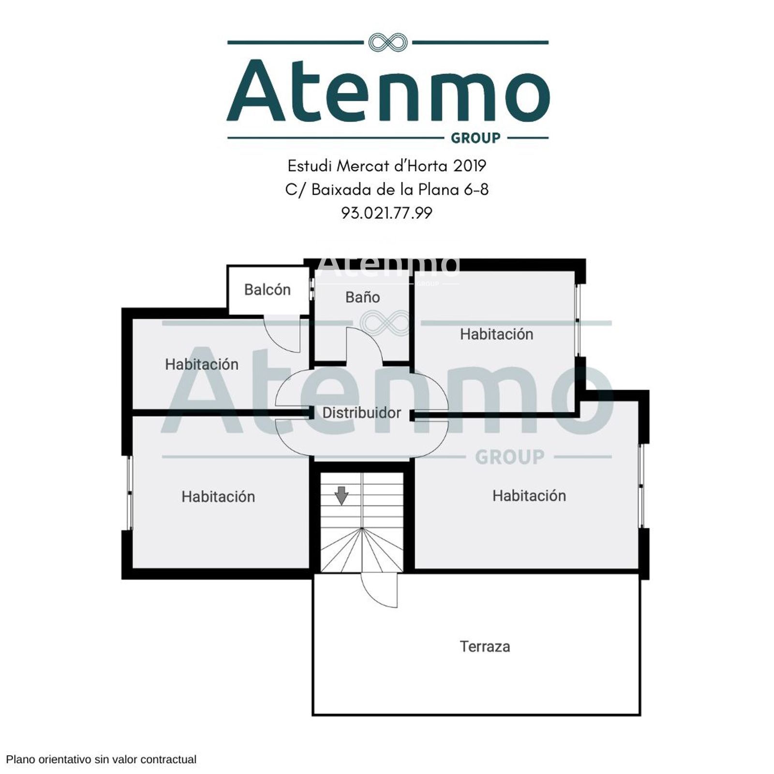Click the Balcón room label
coord(267,289)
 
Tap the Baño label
coord(362,297)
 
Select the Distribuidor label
coord(361,413)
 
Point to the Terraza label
coord(485,646)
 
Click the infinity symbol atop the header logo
coord(388,43)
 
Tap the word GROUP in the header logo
coord(476,138)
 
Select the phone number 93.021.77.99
coord(387,213)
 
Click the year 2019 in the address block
coord(469,166)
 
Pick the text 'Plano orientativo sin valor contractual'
coord(101,759)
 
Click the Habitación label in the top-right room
coord(496,334)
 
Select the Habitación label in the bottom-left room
coord(218,496)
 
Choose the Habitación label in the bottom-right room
coord(529,495)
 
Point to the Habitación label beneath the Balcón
coord(202,364)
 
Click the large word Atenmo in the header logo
coord(388,90)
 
